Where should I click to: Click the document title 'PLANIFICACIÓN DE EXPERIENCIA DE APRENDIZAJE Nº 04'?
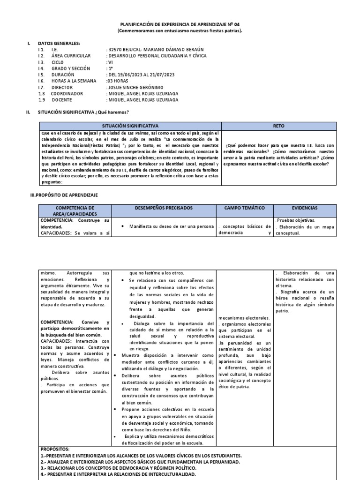(180, 24)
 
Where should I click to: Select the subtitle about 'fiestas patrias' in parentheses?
(180, 30)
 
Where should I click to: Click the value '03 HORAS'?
(118, 81)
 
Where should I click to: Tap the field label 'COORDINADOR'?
(67, 93)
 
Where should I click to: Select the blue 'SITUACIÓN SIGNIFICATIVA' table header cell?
(130, 126)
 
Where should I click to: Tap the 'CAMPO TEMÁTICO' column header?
(244, 207)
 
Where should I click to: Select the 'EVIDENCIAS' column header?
(305, 207)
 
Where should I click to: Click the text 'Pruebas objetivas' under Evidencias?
(295, 220)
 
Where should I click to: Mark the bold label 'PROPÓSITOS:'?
(55, 449)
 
